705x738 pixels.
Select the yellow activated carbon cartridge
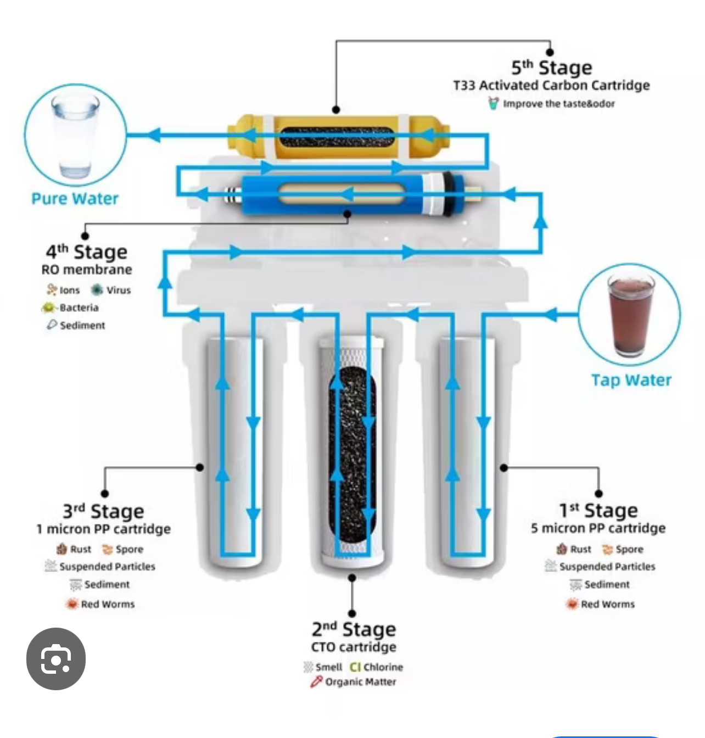coord(338,137)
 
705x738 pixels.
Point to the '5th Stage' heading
coord(551,68)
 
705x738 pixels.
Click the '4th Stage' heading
coord(86,252)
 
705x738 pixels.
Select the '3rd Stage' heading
coord(103,511)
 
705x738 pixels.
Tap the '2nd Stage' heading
coord(354,629)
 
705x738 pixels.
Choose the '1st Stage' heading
coord(598,511)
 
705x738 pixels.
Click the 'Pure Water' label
coord(75,199)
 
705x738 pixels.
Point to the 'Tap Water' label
coord(631,380)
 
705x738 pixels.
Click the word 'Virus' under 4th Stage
coord(118,290)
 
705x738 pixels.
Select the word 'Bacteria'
coord(79,307)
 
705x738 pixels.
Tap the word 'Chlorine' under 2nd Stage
coord(383,667)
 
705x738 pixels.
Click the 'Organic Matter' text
coord(360,682)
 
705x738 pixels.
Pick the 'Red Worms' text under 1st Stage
coord(607,604)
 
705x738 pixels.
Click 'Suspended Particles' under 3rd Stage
coord(107,567)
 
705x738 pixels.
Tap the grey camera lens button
coord(56,659)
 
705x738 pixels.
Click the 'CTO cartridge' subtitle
coord(354,647)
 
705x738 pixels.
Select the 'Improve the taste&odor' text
coord(558,104)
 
